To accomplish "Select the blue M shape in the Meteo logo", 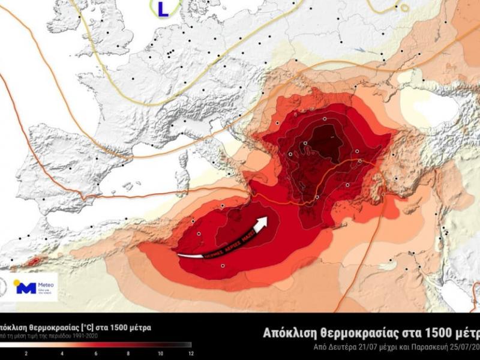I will click(26, 288).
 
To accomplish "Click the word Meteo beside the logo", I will click(46, 285).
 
